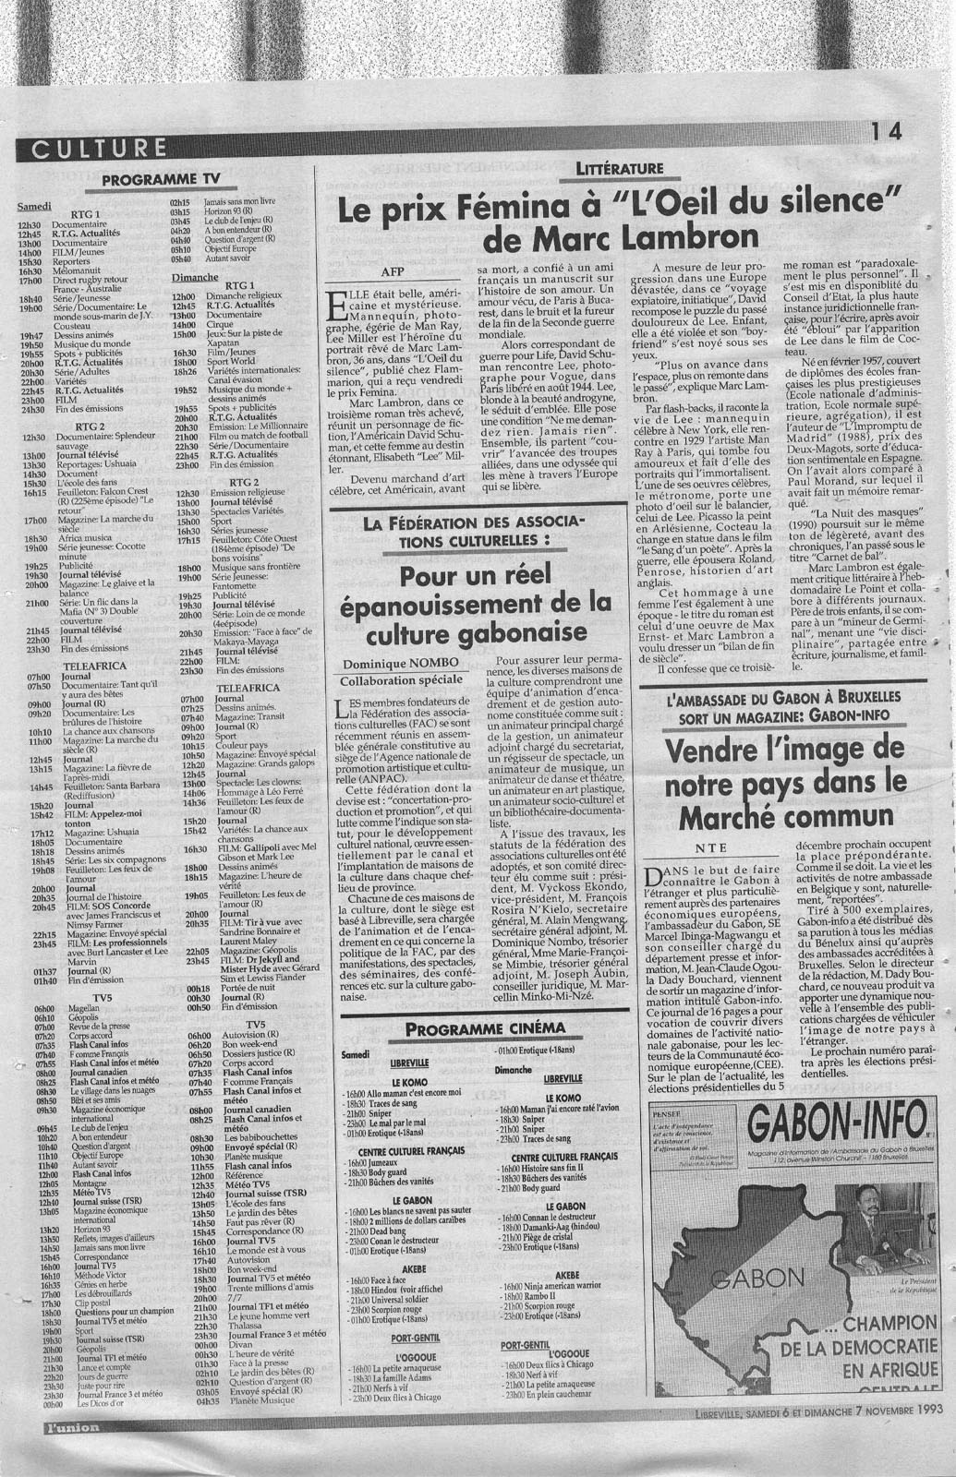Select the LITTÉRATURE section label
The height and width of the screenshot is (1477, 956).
618,168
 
